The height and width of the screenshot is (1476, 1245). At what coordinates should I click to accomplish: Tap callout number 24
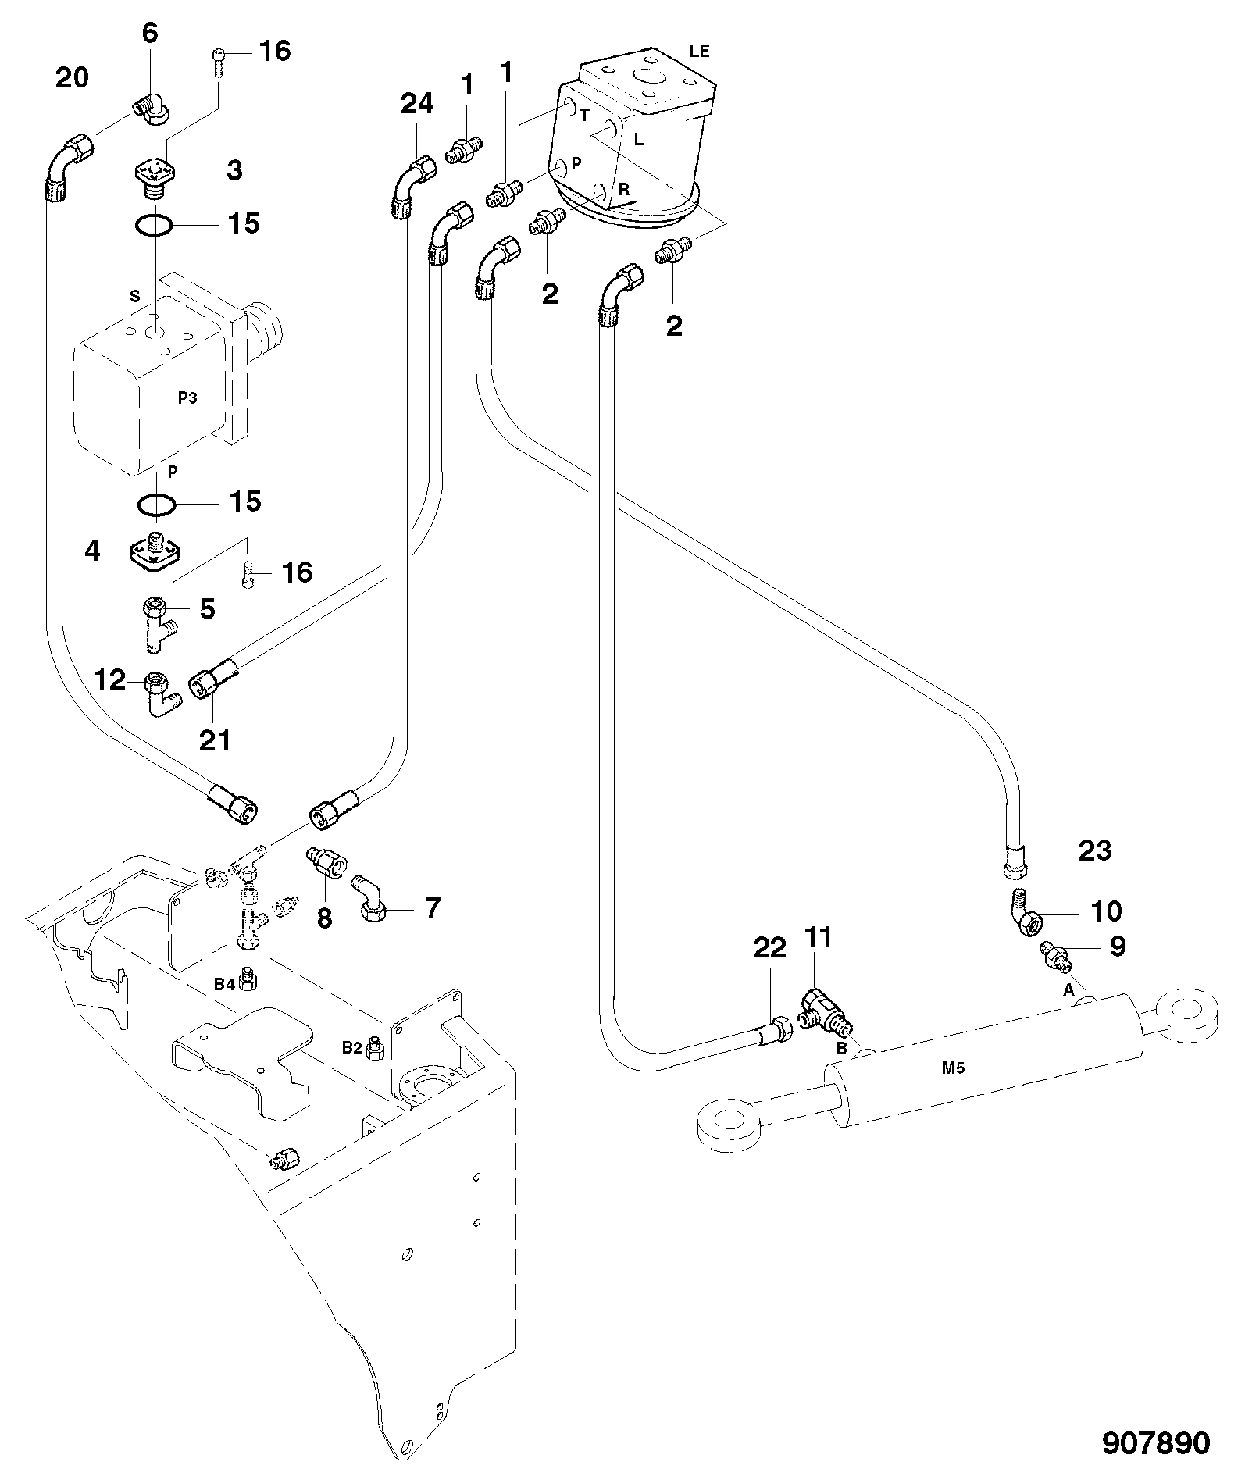point(417,103)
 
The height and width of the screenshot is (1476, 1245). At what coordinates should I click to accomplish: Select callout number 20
point(72,77)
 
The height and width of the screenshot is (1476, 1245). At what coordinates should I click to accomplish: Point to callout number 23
point(1094,850)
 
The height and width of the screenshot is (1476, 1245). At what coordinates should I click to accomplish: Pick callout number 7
point(432,907)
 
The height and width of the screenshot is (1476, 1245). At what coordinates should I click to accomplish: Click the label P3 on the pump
point(187,398)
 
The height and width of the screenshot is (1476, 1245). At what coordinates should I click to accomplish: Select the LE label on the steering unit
point(699,52)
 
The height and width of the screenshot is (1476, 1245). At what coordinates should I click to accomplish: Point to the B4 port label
point(225,985)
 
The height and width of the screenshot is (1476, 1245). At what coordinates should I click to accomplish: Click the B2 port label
point(352,1047)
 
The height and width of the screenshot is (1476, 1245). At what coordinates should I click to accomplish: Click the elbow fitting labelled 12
point(161,694)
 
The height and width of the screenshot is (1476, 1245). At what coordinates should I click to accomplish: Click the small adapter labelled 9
point(1056,957)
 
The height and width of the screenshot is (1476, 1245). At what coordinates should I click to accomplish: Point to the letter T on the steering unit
point(583,115)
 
